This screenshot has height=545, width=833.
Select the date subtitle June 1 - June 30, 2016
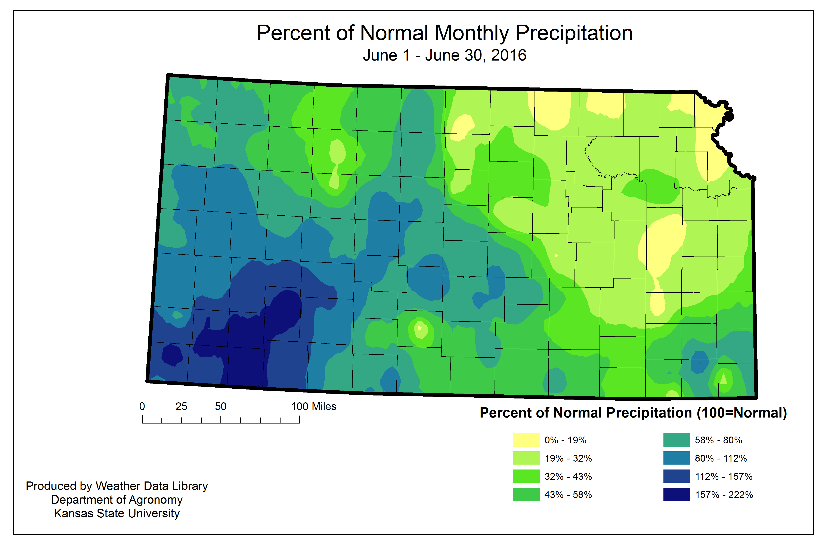coord(445,55)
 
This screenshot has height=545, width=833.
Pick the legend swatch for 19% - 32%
coord(526,458)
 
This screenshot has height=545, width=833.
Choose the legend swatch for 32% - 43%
coord(526,476)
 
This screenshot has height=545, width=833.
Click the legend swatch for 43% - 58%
coord(526,494)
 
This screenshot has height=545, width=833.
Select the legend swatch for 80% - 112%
coord(676,458)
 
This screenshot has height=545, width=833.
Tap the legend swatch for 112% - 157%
coord(676,476)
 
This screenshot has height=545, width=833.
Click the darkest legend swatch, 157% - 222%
coord(676,494)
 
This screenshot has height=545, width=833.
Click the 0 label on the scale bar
coord(142,406)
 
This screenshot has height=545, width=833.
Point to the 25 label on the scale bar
coord(181,406)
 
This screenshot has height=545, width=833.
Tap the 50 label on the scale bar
coord(220,406)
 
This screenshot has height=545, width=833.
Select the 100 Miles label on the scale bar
coord(314,406)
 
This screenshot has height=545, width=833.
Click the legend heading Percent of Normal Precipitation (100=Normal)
coord(633,413)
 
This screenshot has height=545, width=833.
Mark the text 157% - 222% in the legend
coord(724,495)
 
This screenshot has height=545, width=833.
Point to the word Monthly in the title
coord(472,33)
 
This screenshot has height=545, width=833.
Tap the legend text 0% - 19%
coord(565,440)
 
